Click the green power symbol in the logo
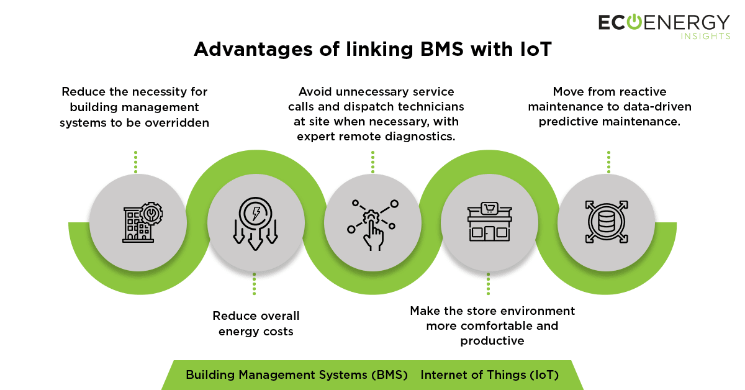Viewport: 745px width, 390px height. tap(634, 22)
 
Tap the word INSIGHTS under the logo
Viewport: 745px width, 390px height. tap(705, 36)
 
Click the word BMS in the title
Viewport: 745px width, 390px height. tap(442, 49)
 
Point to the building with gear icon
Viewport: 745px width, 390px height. tap(142, 222)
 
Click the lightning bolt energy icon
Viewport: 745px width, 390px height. tap(255, 224)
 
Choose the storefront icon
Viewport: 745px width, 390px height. tap(489, 222)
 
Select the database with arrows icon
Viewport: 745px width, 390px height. tap(607, 222)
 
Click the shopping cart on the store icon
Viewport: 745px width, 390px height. tap(489, 209)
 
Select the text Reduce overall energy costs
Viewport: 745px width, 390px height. tap(256, 324)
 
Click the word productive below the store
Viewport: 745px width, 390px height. tap(492, 341)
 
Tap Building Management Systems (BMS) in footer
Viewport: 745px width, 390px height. tap(297, 374)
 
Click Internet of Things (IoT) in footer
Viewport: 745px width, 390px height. tap(490, 374)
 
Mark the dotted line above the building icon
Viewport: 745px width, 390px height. tap(136, 162)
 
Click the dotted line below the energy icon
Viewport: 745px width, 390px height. tap(255, 284)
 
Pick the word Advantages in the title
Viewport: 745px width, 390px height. tap(253, 50)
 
